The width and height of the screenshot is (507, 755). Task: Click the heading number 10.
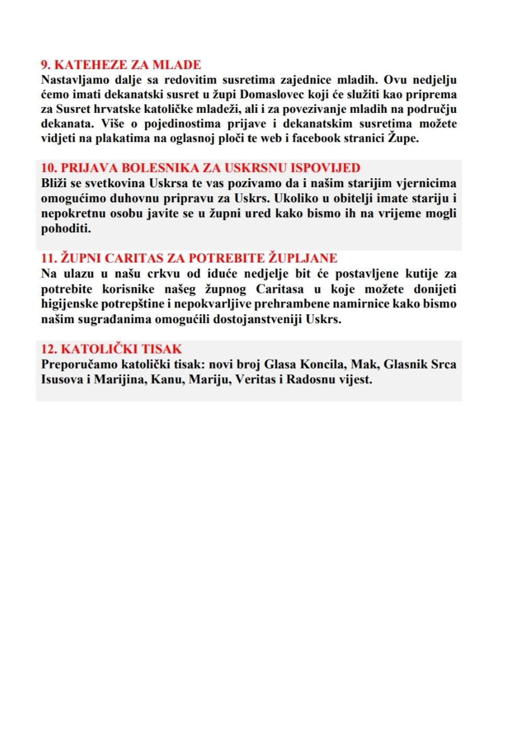(49, 168)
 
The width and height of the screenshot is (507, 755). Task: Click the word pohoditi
(65, 228)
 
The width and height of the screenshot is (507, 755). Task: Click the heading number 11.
(49, 258)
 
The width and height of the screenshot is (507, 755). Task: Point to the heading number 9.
(46, 65)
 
